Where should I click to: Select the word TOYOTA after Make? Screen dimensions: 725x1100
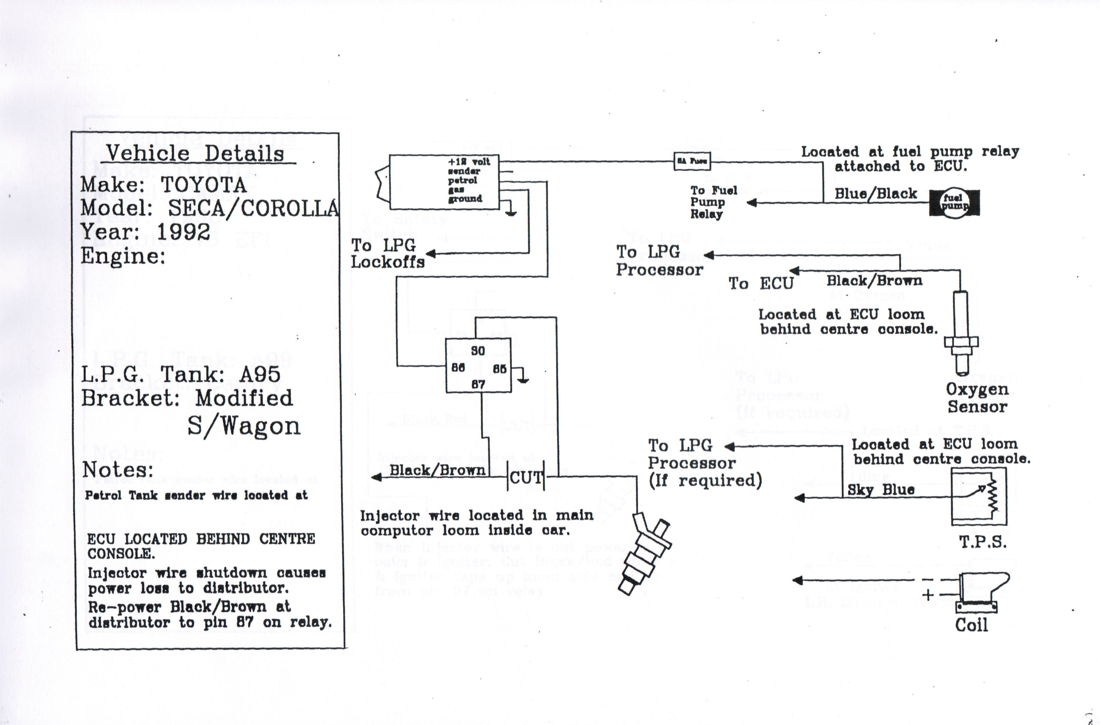[x=203, y=185]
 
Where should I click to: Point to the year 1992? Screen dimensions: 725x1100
[x=183, y=232]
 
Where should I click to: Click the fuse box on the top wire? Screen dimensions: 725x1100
[x=692, y=161]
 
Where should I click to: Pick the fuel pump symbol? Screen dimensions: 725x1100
[x=954, y=203]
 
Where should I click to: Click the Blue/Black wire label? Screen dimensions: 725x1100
[x=875, y=193]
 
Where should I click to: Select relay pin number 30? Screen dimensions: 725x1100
[x=478, y=350]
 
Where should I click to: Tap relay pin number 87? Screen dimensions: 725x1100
[x=478, y=384]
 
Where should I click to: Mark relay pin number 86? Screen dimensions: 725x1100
[x=458, y=368]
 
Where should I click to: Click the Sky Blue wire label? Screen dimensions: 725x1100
[x=880, y=490]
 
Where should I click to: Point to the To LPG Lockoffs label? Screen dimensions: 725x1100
[x=387, y=254]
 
